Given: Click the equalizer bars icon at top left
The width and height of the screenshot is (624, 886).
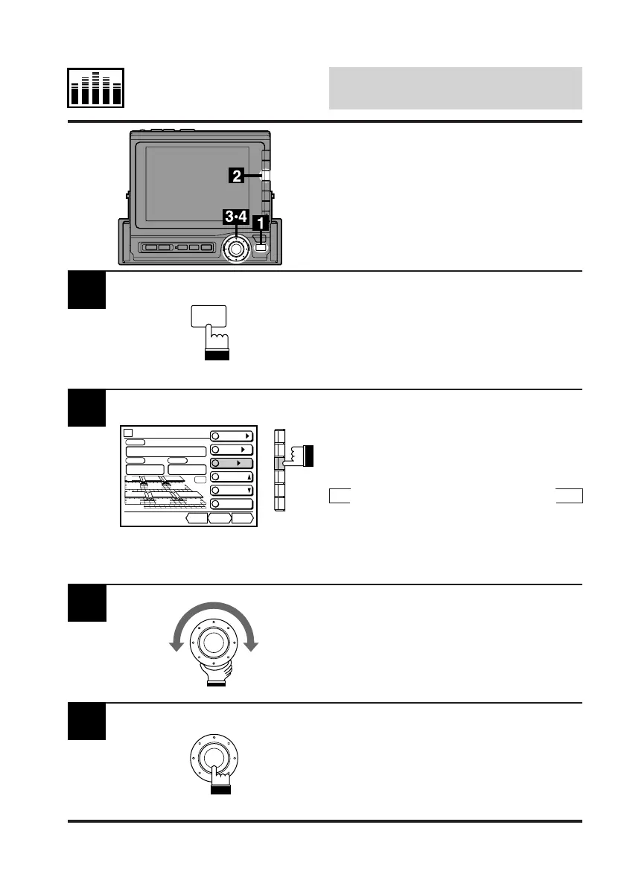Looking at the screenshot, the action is point(97,88).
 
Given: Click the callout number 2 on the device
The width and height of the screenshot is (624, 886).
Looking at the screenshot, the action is point(236,176).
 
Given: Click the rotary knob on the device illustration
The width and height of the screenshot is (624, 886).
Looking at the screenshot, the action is point(237,246).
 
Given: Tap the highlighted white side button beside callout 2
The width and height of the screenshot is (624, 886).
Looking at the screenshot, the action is point(266,176).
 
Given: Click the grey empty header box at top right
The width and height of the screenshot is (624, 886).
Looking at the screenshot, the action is point(455,88).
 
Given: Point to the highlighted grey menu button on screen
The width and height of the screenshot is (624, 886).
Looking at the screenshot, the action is point(232,464).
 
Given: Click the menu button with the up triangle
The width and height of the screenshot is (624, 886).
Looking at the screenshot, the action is point(232,477).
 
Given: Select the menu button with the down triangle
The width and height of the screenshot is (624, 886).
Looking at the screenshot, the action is point(232,491).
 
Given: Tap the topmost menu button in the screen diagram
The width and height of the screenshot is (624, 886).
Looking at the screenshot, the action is point(232,436).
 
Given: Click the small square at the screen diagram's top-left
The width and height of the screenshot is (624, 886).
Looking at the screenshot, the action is point(128,433).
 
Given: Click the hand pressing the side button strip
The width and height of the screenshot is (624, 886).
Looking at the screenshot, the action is point(303,456).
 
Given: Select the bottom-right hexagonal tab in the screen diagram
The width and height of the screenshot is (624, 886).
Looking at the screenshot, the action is point(242,518).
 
